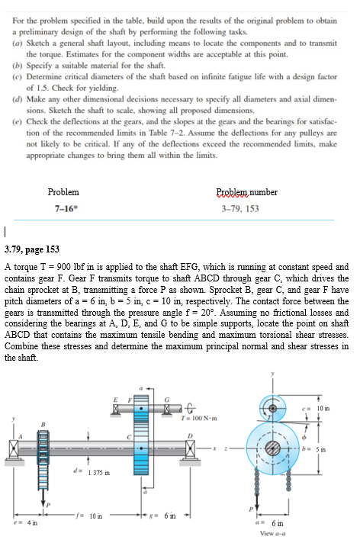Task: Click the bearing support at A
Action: pyautogui.click(x=15, y=448)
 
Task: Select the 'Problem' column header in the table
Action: pyautogui.click(x=63, y=191)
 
